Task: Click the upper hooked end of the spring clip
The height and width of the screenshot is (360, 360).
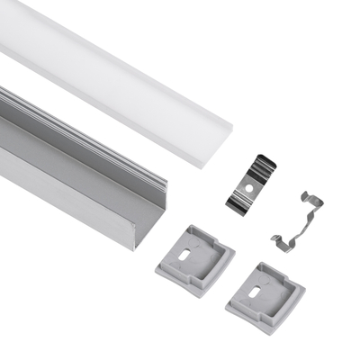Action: pyautogui.click(x=310, y=195)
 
